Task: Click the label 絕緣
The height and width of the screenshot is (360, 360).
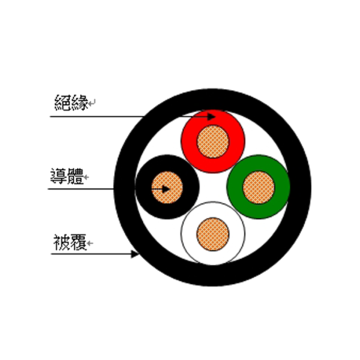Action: click(71, 103)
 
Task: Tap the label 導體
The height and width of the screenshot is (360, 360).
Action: click(67, 176)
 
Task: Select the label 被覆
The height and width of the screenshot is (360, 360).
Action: click(70, 242)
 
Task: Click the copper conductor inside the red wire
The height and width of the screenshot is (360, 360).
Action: click(213, 142)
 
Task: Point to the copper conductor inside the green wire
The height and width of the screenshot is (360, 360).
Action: click(259, 187)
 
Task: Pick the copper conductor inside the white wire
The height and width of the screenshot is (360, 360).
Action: click(213, 234)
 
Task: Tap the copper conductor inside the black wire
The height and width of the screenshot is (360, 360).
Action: click(167, 187)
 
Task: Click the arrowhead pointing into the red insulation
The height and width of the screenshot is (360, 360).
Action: click(211, 116)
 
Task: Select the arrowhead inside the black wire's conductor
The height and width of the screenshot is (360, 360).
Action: click(166, 189)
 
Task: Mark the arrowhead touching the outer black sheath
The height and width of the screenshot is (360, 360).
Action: click(135, 254)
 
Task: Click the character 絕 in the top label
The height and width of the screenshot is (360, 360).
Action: click(62, 103)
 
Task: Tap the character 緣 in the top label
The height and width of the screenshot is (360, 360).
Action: click(80, 103)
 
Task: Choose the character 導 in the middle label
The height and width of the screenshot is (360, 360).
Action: click(59, 176)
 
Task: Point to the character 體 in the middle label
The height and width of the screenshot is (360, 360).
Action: click(76, 176)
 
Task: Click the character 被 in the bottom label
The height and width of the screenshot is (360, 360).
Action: click(61, 242)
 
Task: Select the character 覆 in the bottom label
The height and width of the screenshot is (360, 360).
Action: click(78, 242)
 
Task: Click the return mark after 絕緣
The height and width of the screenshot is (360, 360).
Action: click(92, 103)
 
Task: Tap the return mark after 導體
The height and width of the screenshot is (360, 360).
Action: click(86, 177)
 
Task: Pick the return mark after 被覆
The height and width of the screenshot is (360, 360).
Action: click(90, 243)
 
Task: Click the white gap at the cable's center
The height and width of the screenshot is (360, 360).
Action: click(213, 187)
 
